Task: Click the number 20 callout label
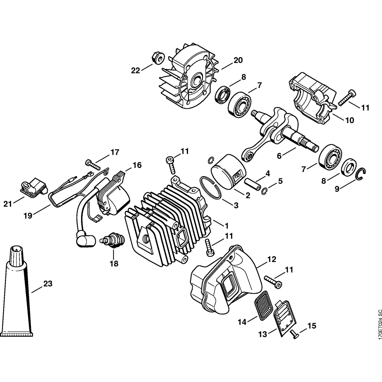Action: [x=238, y=60]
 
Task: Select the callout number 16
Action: [x=137, y=165]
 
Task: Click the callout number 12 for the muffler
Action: [x=271, y=259]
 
